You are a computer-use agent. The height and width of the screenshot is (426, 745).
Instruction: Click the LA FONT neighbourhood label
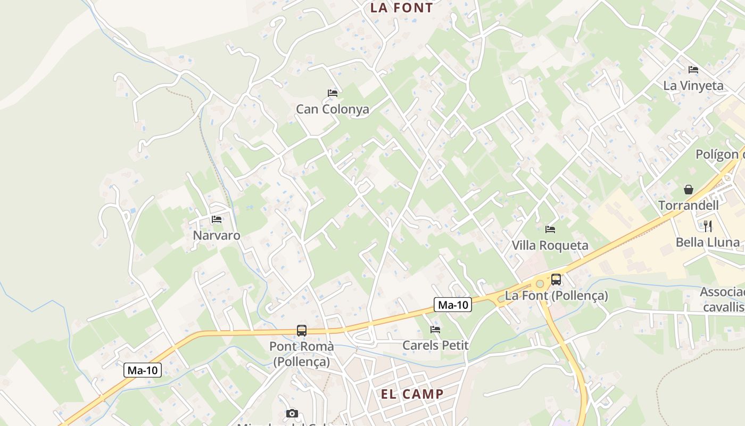[401, 7]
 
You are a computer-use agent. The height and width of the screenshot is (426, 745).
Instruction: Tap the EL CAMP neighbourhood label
[412, 394]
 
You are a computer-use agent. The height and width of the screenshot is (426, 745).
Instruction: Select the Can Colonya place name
[332, 109]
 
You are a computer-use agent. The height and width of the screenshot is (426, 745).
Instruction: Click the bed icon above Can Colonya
[333, 93]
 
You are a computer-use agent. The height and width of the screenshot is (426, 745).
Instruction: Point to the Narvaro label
[217, 235]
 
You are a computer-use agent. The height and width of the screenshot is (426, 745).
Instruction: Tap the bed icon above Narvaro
[217, 219]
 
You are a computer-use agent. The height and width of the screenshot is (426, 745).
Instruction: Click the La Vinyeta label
[693, 86]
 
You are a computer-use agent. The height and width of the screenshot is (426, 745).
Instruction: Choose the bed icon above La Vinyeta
[693, 70]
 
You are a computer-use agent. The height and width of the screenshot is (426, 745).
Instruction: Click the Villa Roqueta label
[550, 245]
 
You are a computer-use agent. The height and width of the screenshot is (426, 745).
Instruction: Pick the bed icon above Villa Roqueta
[550, 230]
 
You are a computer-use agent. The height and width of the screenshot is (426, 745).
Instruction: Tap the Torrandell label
[688, 206]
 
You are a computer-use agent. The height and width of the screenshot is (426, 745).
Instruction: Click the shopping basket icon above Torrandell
[689, 190]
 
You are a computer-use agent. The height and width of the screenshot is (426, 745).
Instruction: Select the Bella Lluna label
[707, 243]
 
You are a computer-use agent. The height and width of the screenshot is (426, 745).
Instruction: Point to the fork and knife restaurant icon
[707, 226]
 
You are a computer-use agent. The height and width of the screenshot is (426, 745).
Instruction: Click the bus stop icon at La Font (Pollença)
[556, 279]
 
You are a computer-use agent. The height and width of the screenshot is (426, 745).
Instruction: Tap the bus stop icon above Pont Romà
[302, 330]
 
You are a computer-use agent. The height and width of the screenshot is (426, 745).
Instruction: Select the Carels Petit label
[435, 345]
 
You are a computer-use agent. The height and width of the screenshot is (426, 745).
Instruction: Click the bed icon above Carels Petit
[435, 330]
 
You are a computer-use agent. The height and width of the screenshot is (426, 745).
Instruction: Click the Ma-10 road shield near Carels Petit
[453, 305]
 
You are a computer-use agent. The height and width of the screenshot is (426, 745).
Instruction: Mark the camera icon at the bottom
[292, 413]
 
